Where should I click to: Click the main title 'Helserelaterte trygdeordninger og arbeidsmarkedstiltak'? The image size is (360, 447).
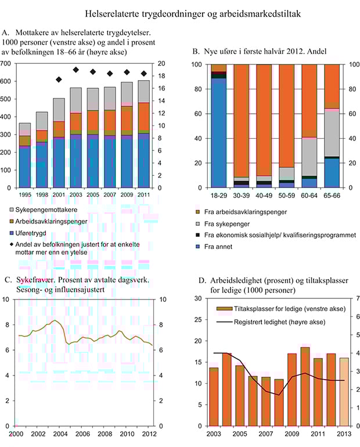pos(181,12)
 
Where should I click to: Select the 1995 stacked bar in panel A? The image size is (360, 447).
pos(24,156)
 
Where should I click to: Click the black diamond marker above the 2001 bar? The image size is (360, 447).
pos(59,80)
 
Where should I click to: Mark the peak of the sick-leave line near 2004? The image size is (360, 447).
pos(55,320)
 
